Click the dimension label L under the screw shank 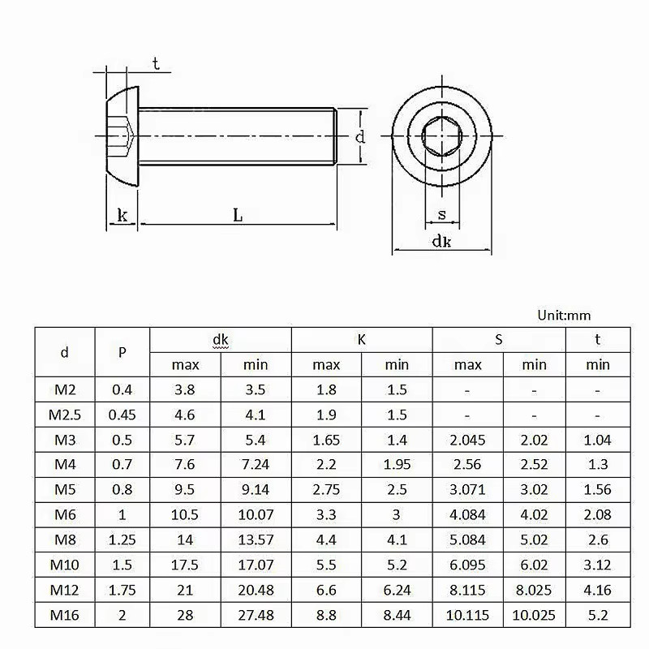pyautogui.click(x=238, y=215)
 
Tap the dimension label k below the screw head pyautogui.click(x=122, y=215)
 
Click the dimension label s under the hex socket pyautogui.click(x=441, y=215)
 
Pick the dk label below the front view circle pyautogui.click(x=441, y=241)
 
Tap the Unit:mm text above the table pyautogui.click(x=564, y=315)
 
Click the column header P pyautogui.click(x=122, y=352)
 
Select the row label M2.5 pyautogui.click(x=65, y=415)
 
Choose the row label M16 pyautogui.click(x=65, y=615)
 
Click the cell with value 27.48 pyautogui.click(x=256, y=615)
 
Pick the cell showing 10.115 pyautogui.click(x=467, y=615)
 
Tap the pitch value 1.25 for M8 pyautogui.click(x=122, y=539)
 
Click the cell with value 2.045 pyautogui.click(x=467, y=440)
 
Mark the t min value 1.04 pyautogui.click(x=598, y=440)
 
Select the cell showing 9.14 pyautogui.click(x=256, y=489)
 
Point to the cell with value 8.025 pyautogui.click(x=534, y=590)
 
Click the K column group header pyautogui.click(x=362, y=339)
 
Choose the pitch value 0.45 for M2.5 pyautogui.click(x=122, y=415)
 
